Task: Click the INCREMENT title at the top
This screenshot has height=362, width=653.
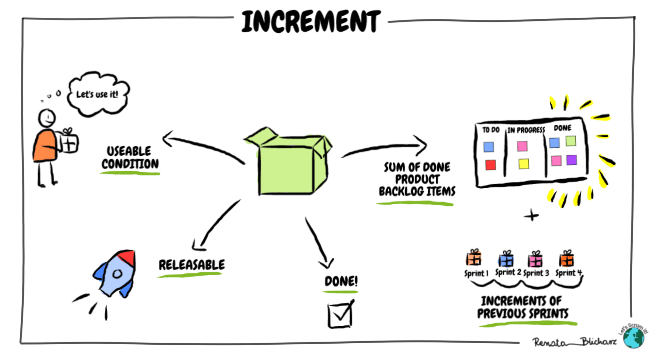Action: tap(311, 21)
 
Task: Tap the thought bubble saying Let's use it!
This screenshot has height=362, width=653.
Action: tap(98, 94)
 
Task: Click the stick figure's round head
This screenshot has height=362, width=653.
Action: tap(47, 118)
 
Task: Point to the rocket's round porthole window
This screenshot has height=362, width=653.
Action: tap(117, 274)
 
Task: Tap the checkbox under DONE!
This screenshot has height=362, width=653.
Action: tap(340, 314)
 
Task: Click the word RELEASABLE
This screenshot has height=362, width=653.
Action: tap(192, 265)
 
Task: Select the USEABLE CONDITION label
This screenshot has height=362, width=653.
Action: tap(130, 157)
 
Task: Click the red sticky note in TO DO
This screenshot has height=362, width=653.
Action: tap(490, 165)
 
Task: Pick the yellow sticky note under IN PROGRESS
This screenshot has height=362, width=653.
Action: tap(524, 163)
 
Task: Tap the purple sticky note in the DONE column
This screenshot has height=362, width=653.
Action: tap(572, 160)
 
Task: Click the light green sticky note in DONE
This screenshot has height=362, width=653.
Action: tap(571, 141)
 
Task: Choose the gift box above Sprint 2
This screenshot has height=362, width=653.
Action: tap(506, 259)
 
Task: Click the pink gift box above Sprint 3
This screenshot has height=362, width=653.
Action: tap(535, 260)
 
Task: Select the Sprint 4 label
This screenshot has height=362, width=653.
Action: tap(569, 273)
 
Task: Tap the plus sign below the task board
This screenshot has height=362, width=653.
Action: tap(531, 215)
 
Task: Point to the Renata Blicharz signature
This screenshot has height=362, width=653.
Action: tap(574, 342)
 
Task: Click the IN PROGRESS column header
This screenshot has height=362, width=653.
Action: tap(526, 130)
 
